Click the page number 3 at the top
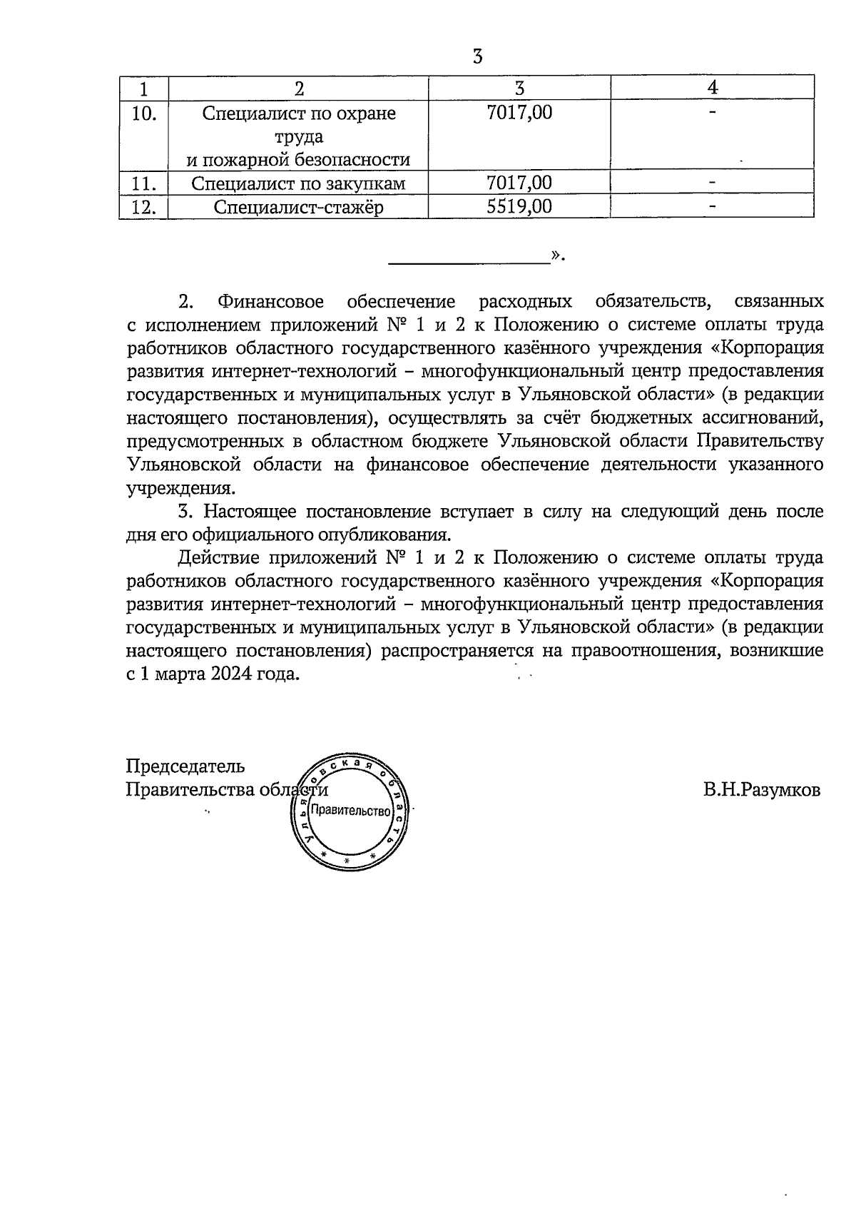(x=477, y=56)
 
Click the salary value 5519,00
(x=519, y=207)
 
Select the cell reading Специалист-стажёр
(x=298, y=208)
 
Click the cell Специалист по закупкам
(x=298, y=184)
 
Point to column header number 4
(x=712, y=88)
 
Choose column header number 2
(x=298, y=88)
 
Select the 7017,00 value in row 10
(x=519, y=113)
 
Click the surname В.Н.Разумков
(x=761, y=790)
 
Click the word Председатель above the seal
(x=185, y=766)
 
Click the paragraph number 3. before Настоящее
(x=186, y=511)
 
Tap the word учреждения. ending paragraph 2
(x=180, y=489)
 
